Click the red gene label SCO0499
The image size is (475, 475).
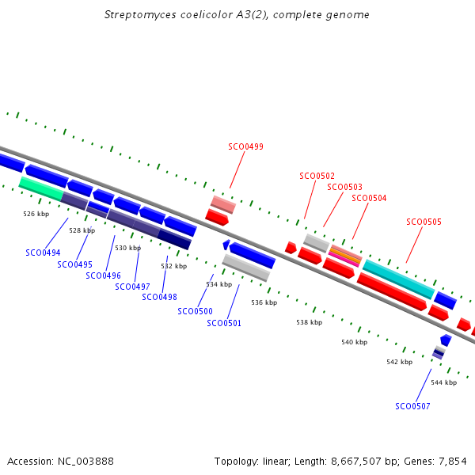246,146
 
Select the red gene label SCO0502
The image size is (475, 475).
317,176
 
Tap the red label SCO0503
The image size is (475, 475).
344,187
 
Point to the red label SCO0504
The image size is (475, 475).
369,198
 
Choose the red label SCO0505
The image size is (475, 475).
424,222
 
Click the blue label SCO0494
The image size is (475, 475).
43,253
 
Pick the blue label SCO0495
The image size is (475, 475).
74,264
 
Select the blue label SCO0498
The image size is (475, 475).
159,297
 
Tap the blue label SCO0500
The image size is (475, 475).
195,311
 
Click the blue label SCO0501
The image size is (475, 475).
224,323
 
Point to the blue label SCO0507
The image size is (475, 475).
412,406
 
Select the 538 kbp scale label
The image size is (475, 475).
310,322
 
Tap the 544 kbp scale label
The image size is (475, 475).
443,382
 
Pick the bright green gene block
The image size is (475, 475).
41,188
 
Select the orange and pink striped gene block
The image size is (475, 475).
345,256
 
